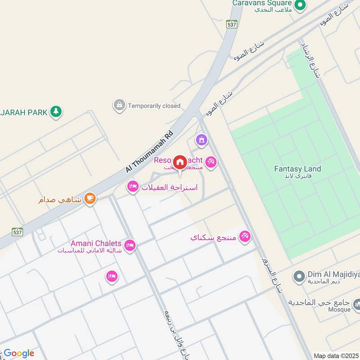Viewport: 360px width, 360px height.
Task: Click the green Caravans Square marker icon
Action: [300, 5]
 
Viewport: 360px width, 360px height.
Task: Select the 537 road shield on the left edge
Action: [18, 232]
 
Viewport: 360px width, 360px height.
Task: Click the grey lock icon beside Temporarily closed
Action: [119, 106]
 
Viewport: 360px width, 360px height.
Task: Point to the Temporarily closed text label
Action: [154, 106]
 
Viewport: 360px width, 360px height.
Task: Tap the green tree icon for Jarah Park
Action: [56, 111]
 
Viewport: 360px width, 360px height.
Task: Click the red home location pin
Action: [180, 162]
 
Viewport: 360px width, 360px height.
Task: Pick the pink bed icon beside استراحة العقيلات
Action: [133, 186]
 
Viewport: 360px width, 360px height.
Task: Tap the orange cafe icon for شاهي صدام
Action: [90, 198]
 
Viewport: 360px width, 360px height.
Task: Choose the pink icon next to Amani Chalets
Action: [130, 245]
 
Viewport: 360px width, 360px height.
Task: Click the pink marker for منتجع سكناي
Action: [245, 236]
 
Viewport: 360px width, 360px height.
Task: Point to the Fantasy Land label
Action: [297, 169]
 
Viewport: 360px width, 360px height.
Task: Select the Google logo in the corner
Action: [19, 353]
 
